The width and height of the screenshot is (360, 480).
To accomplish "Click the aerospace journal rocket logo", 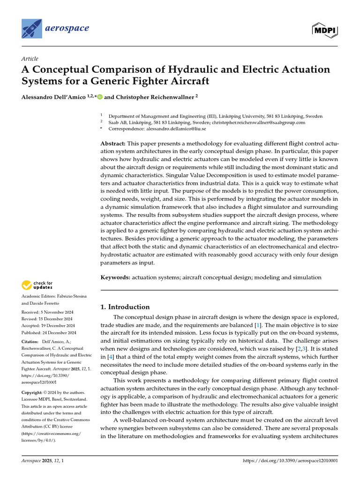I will pyautogui.click(x=31, y=29).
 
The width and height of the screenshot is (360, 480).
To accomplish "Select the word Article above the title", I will pyautogui.click(x=30, y=59).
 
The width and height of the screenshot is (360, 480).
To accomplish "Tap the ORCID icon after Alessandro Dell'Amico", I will pyautogui.click(x=100, y=97).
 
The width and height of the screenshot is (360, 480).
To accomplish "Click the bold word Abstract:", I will pyautogui.click(x=113, y=143).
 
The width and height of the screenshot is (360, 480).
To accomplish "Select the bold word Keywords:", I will pyautogui.click(x=115, y=277).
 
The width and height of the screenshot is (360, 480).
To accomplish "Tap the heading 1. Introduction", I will pyautogui.click(x=125, y=307).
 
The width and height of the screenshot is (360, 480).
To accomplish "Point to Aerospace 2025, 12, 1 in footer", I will pyautogui.click(x=43, y=461).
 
